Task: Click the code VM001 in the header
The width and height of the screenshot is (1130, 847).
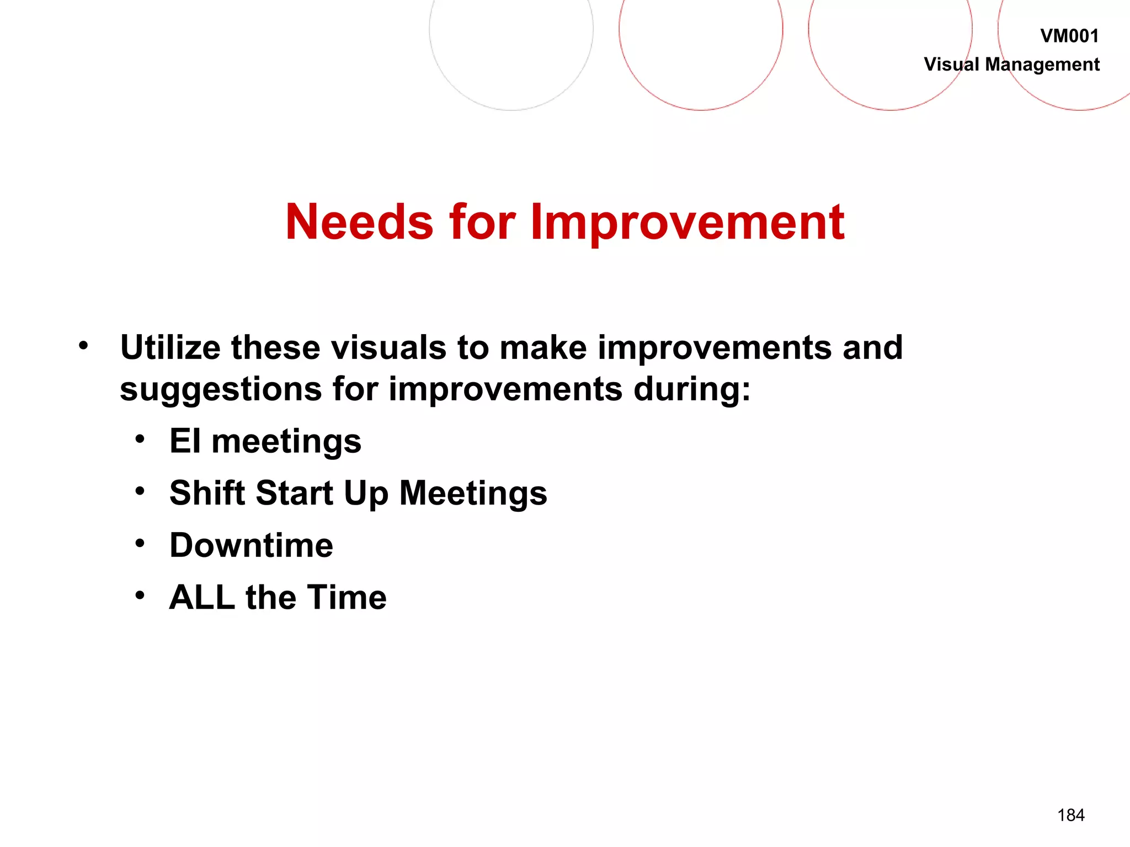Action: tap(1069, 36)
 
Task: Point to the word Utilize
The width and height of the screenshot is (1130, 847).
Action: tap(170, 348)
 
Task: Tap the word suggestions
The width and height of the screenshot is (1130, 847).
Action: tap(221, 390)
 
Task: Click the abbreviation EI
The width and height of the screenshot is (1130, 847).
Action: tap(185, 441)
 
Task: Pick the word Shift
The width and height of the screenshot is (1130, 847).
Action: tap(207, 492)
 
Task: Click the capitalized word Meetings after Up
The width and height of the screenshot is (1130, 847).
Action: tap(473, 494)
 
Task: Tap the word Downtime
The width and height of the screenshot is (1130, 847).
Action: tap(251, 545)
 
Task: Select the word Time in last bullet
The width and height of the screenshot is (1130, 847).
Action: tap(347, 597)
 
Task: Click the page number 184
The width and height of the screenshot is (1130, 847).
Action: tap(1070, 815)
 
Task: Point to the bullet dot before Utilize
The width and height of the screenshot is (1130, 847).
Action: tap(83, 346)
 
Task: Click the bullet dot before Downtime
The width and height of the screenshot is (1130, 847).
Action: tap(140, 544)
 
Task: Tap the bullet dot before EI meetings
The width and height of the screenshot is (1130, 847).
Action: tap(140, 439)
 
